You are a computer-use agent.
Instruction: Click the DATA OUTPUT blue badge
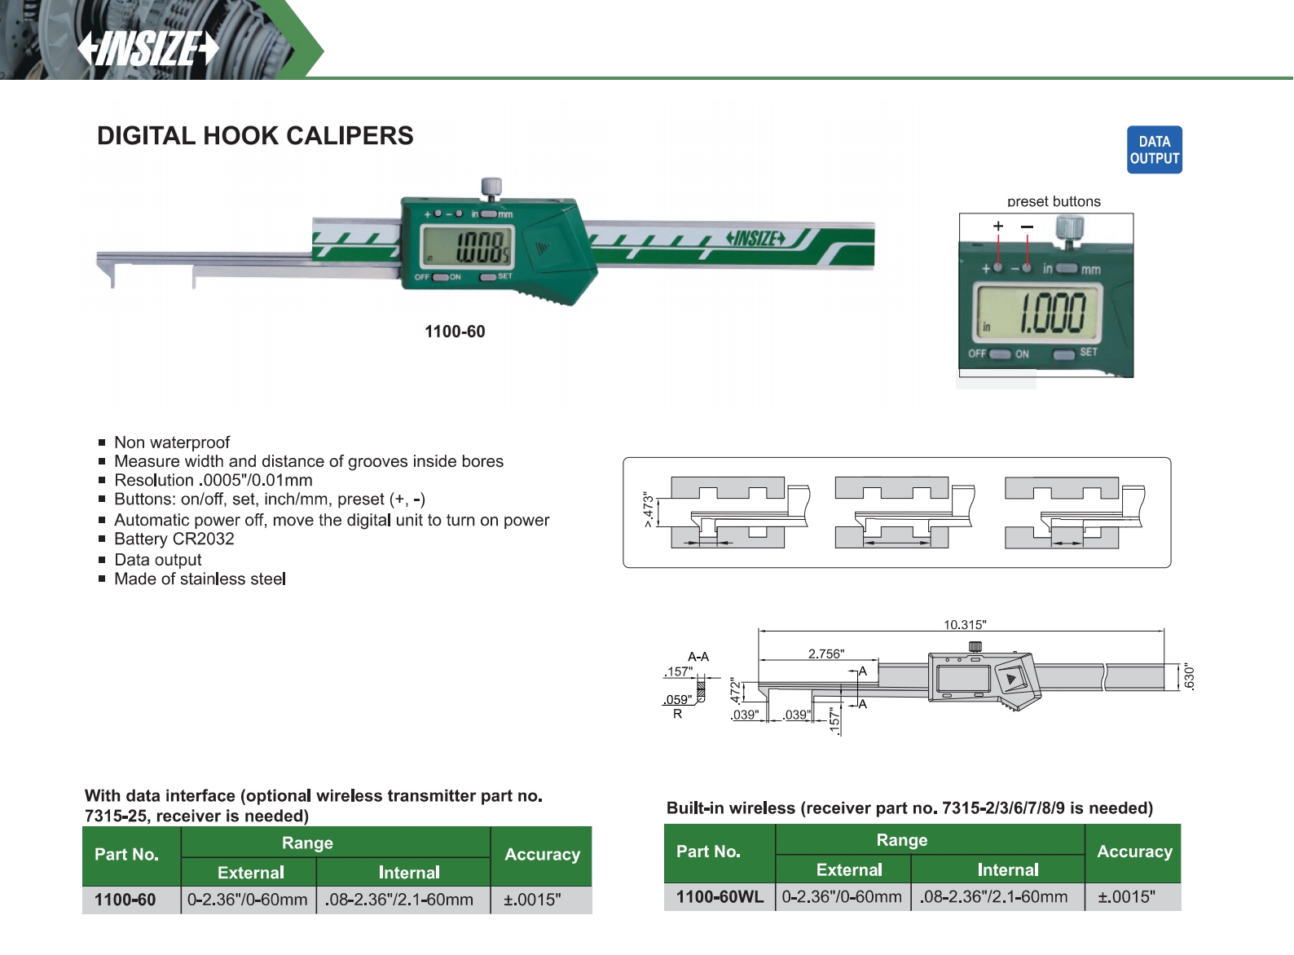[1154, 150]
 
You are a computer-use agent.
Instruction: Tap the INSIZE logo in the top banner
[149, 49]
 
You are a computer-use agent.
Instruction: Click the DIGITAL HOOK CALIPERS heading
[255, 136]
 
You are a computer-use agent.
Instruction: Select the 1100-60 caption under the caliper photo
[455, 332]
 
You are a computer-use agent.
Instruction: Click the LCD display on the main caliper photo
[467, 245]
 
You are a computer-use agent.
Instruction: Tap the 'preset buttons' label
[1053, 201]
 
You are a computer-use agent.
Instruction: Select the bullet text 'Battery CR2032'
[174, 539]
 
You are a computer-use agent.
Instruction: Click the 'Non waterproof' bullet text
[172, 442]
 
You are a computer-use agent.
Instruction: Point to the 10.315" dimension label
[965, 625]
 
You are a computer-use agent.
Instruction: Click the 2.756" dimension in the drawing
[825, 654]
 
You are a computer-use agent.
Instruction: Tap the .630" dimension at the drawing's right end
[1190, 677]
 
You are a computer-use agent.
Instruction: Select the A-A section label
[698, 657]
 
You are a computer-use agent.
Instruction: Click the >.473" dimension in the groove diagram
[649, 510]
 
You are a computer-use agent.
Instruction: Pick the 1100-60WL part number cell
[720, 897]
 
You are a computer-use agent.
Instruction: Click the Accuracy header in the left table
[542, 855]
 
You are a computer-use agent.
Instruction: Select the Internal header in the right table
[1008, 870]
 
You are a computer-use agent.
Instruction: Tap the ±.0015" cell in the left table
[532, 900]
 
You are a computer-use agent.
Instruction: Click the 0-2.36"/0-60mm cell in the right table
[842, 897]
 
